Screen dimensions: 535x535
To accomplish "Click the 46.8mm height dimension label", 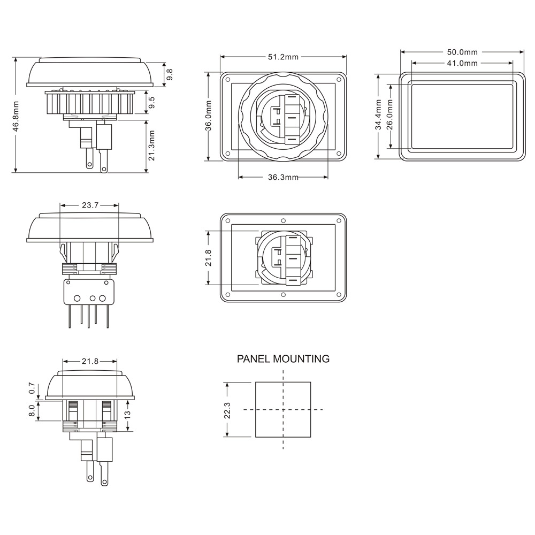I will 16,116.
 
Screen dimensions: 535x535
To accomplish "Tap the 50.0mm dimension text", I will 462,52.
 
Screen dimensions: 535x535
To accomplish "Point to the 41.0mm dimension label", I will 462,63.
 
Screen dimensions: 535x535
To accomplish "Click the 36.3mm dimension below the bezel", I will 283,178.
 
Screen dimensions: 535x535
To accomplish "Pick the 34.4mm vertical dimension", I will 378,115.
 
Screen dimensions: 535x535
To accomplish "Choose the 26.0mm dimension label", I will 390,115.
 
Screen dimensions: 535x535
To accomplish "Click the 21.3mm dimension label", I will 151,146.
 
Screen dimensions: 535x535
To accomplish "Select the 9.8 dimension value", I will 169,74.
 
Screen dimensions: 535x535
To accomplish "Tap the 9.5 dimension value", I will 151,102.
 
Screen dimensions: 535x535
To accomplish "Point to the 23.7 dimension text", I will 90,205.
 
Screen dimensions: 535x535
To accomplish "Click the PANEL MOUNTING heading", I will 283,359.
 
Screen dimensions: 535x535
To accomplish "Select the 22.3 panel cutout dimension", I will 227,410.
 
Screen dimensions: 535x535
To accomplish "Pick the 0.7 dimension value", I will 32,388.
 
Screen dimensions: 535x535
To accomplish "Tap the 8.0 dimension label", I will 32,410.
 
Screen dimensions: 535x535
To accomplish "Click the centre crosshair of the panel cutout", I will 283,410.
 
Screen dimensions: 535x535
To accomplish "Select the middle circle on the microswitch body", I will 92,298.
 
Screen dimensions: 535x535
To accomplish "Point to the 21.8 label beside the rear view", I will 209,258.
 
